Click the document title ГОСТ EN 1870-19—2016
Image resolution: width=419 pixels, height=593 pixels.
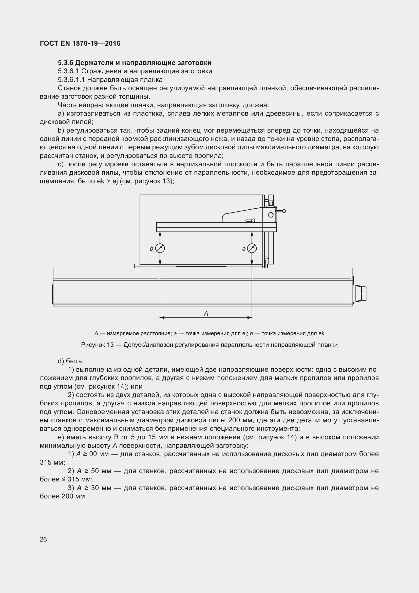(80, 43)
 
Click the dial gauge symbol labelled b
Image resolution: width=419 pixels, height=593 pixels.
(160, 248)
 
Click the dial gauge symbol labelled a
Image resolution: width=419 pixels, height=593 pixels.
(252, 248)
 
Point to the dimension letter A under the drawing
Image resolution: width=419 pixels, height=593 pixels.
(206, 314)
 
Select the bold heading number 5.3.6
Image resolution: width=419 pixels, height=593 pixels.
(66, 63)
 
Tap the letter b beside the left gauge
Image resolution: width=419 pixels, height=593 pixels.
(152, 249)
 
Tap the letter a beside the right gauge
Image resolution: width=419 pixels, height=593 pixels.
(244, 249)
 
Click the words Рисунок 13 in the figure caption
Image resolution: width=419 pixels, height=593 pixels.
(97, 345)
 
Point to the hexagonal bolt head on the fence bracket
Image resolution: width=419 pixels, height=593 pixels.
(271, 215)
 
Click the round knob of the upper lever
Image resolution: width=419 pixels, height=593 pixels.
(284, 211)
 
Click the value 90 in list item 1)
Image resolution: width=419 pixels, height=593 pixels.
(93, 454)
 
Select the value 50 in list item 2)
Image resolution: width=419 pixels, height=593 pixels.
(95, 471)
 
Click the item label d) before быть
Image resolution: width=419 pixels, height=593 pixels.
(61, 361)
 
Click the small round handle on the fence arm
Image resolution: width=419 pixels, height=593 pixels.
(253, 220)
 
